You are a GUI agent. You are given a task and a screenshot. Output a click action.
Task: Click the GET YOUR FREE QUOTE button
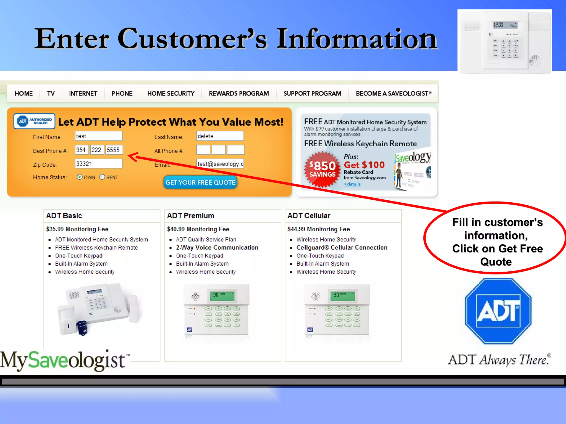click(200, 182)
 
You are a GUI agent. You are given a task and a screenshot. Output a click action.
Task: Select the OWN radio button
click(80, 177)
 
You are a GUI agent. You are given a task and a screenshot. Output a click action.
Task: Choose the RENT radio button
click(102, 177)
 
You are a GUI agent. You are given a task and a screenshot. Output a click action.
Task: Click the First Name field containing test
click(99, 136)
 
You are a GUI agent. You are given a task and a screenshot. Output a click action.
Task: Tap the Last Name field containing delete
click(220, 136)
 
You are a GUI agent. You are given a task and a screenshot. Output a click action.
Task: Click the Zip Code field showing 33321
click(99, 164)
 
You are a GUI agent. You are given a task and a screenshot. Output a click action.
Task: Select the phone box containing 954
click(82, 150)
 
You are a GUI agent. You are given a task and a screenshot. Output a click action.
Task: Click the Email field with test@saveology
click(220, 164)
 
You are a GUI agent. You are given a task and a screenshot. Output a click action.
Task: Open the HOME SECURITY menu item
click(171, 94)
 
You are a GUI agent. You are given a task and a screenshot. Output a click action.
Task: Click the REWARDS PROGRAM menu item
click(239, 94)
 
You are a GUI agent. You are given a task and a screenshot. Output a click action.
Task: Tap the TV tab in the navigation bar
click(51, 94)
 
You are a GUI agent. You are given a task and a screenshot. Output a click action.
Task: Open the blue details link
click(352, 184)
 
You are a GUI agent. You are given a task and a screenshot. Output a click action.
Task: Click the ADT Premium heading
click(190, 216)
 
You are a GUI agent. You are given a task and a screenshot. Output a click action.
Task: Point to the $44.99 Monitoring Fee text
click(319, 229)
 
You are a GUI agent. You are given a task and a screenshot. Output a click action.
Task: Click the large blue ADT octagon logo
click(498, 311)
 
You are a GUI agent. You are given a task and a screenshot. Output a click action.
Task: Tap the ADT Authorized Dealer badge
click(34, 121)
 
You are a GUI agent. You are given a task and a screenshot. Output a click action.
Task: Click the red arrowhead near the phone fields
click(133, 157)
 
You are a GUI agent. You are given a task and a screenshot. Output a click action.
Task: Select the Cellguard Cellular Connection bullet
click(342, 248)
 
